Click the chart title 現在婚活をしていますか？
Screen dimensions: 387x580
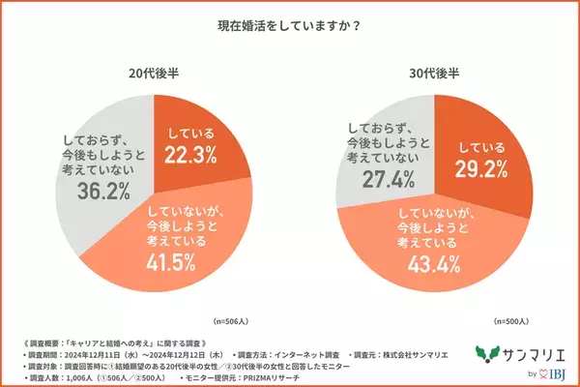click(x=290, y=26)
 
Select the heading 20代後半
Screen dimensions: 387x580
click(x=153, y=73)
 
